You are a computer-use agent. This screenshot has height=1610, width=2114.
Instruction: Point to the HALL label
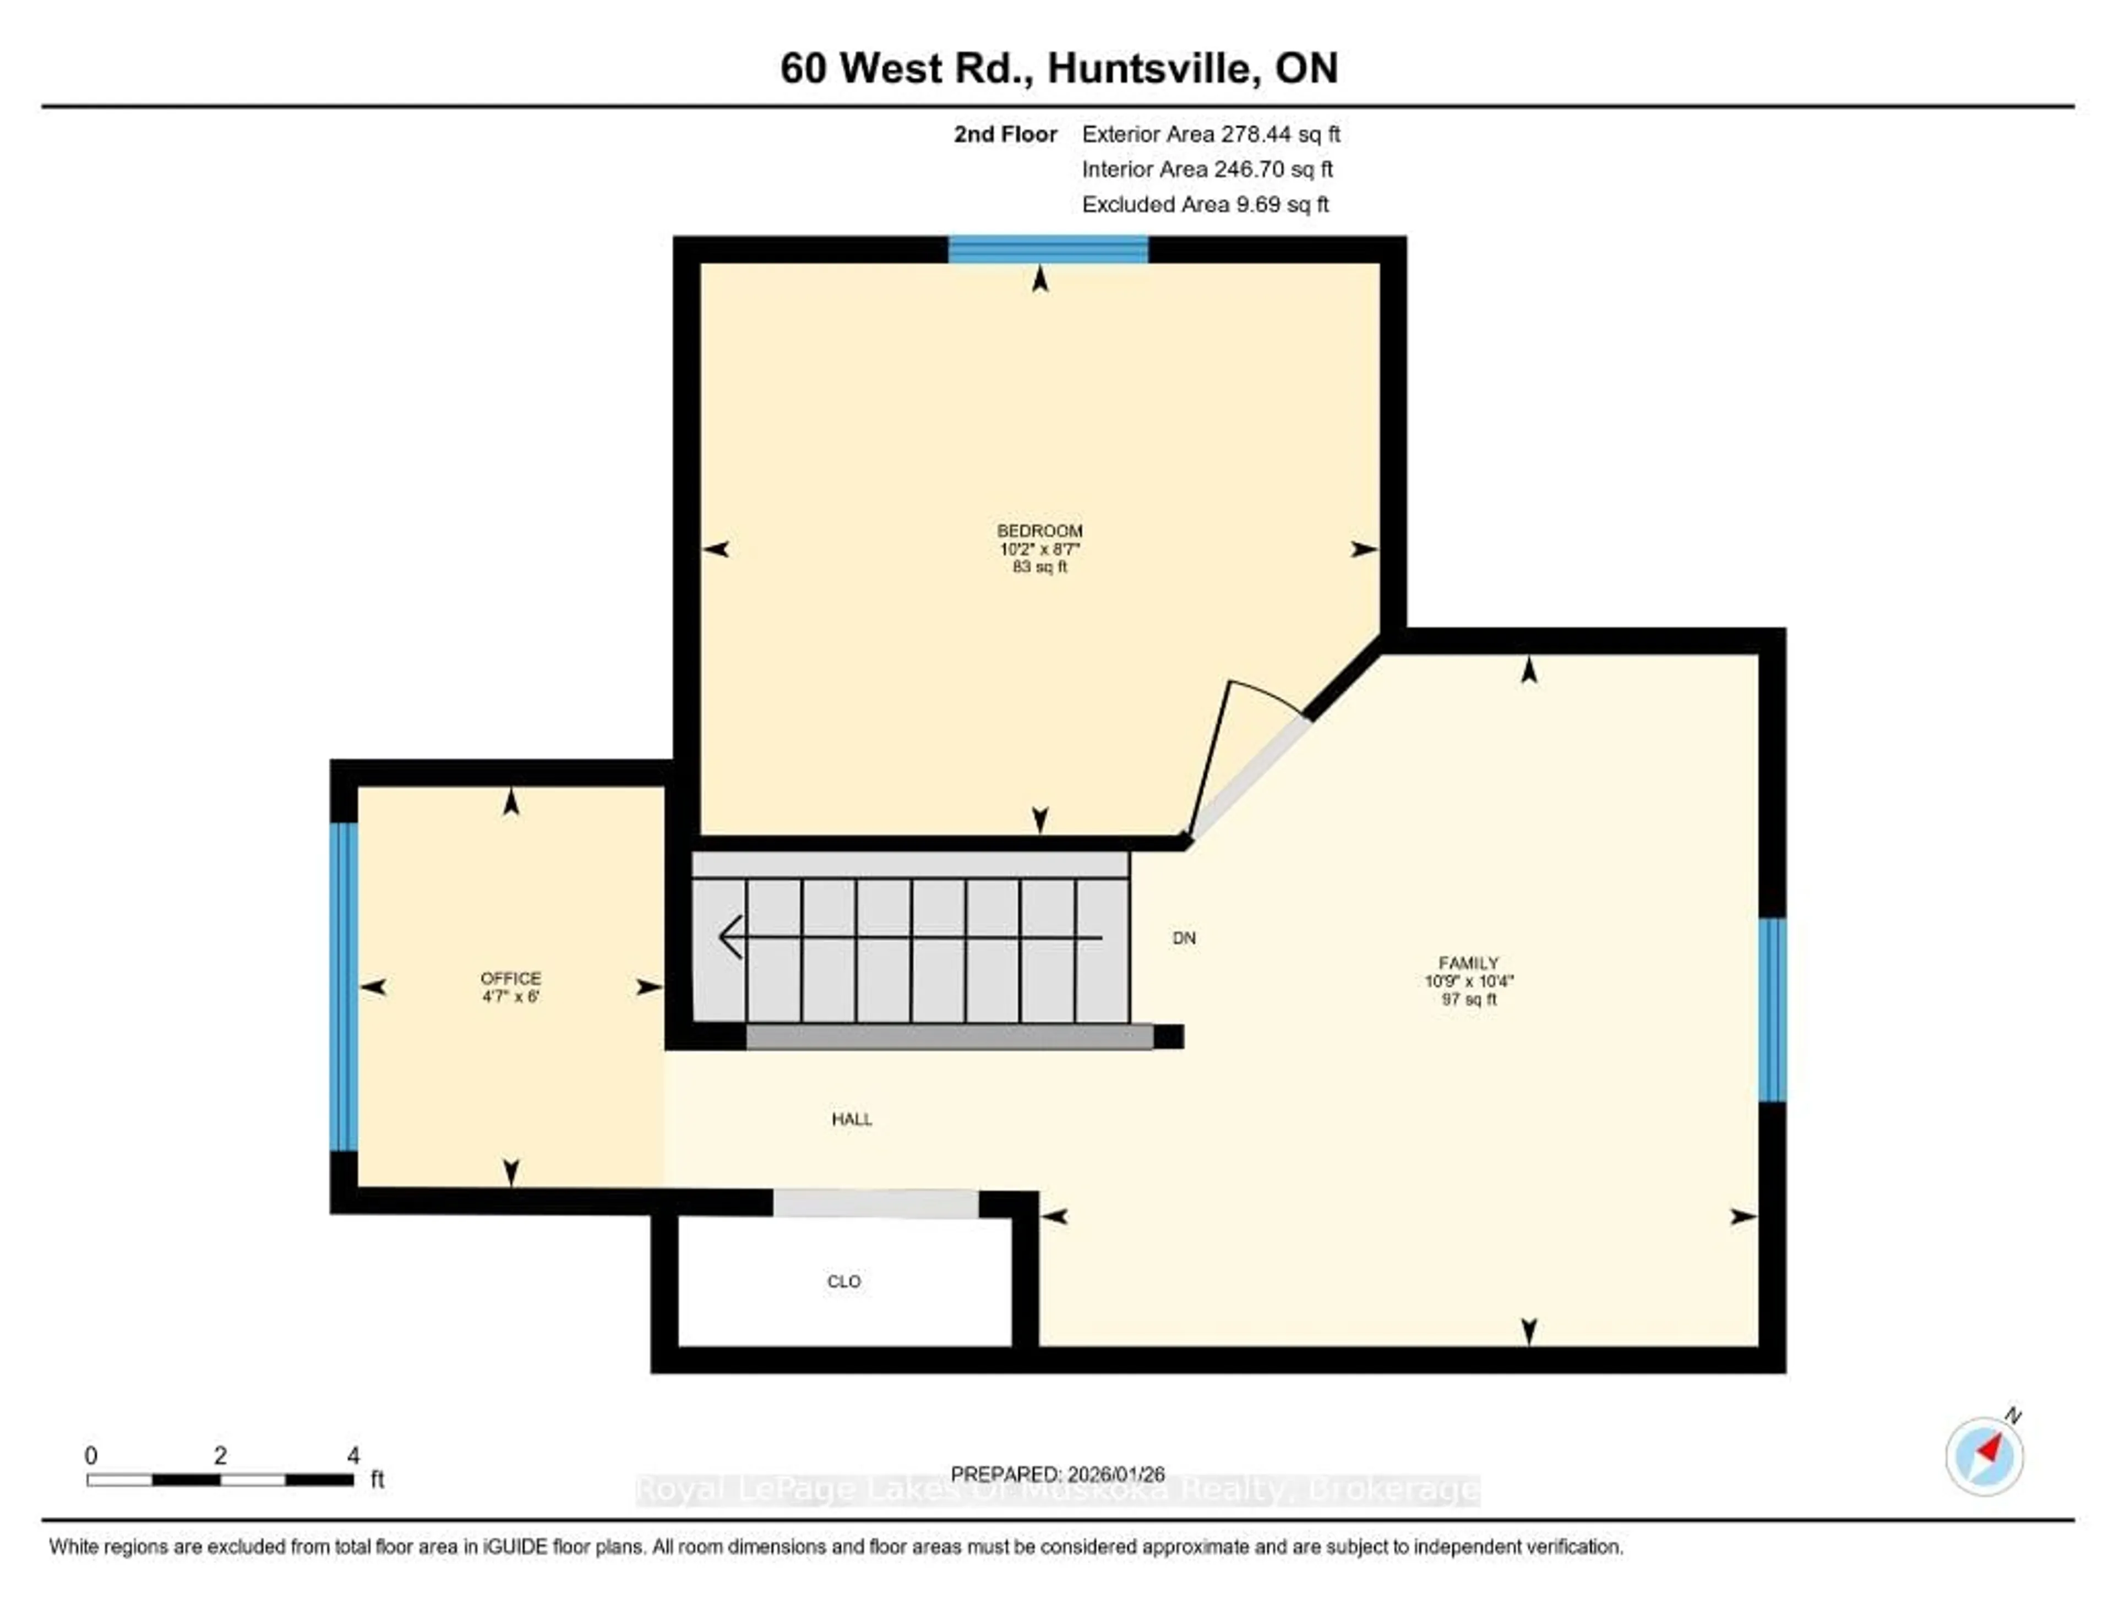pos(851,1118)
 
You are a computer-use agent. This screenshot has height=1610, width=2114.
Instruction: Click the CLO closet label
pos(843,1281)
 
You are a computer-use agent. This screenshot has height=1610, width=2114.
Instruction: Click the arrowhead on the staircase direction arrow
pos(730,937)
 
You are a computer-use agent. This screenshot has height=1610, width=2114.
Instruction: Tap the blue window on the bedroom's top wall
pos(1048,249)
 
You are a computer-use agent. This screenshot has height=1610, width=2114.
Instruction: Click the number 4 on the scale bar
pos(353,1455)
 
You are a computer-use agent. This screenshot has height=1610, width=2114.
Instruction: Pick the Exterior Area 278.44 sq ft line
pos(1211,134)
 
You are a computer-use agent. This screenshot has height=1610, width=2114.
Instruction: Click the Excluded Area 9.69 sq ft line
pos(1205,204)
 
